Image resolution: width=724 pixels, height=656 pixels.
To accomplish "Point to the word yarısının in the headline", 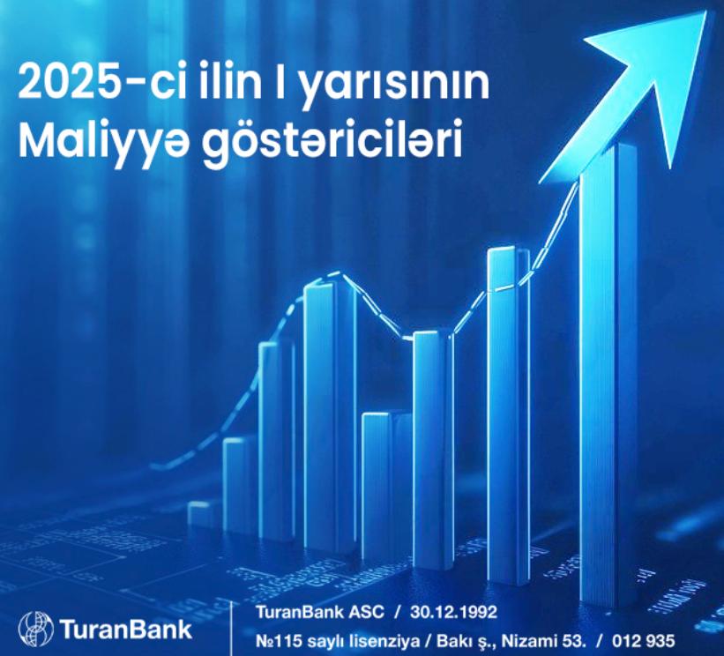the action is [x=395, y=86].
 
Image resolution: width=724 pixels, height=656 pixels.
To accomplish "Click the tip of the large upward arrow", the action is [x=706, y=11].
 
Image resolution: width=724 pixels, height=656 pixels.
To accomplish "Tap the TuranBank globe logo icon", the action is [x=36, y=629].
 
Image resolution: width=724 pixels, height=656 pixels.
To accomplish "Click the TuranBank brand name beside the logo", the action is [x=125, y=629].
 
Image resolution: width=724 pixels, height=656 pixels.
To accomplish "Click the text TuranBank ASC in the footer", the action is [x=320, y=612].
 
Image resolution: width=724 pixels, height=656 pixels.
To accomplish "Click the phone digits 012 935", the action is [x=644, y=641].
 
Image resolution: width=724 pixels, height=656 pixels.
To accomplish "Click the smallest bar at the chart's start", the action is [x=202, y=514].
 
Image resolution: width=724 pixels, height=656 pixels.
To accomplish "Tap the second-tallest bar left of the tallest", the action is [x=508, y=415].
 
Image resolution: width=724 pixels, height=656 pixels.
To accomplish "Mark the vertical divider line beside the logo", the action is [x=230, y=628].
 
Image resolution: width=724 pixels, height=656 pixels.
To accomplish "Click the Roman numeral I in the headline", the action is [x=280, y=84].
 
